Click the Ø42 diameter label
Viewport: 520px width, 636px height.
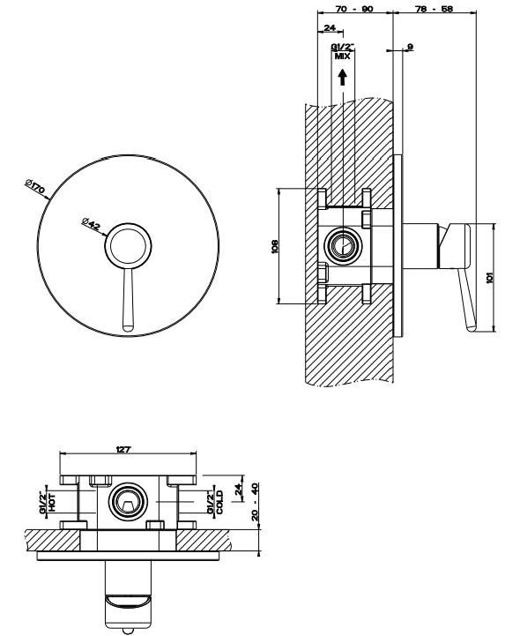(x=91, y=223)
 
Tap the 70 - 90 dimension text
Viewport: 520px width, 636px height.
(x=354, y=9)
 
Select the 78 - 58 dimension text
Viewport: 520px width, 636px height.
(x=435, y=9)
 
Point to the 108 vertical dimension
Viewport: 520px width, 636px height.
(x=274, y=246)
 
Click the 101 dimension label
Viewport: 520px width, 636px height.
(x=490, y=278)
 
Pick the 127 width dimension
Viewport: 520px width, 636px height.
(x=123, y=449)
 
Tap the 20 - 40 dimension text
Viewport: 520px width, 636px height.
(x=255, y=502)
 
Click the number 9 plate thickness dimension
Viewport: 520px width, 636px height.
(x=410, y=47)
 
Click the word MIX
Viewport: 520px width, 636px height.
(x=343, y=56)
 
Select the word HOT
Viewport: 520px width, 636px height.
(x=52, y=502)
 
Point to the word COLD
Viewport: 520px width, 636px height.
(x=219, y=502)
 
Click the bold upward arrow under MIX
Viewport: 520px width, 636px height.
(x=343, y=77)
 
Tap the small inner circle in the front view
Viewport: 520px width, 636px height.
(x=129, y=245)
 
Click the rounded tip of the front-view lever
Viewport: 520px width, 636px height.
(x=128, y=327)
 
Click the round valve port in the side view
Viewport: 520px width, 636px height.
(x=343, y=246)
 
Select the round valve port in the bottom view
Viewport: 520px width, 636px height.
(x=127, y=502)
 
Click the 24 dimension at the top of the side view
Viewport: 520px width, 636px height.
(x=330, y=27)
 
